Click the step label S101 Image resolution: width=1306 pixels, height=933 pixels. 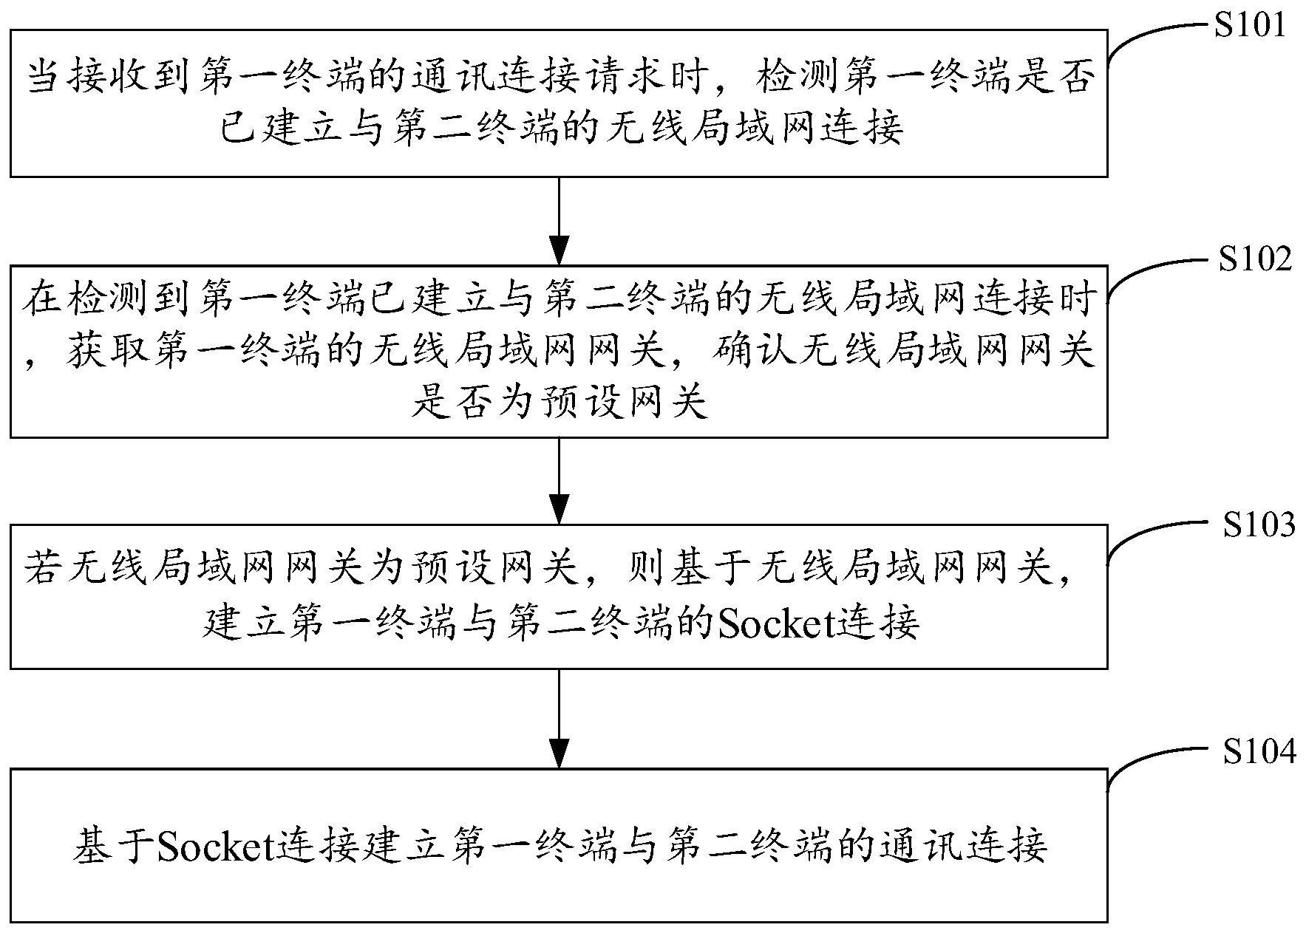tap(1250, 26)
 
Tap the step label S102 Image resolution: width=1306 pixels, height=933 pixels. tap(1254, 260)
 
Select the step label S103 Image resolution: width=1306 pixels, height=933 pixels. tap(1258, 525)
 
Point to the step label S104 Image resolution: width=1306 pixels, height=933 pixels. tap(1258, 752)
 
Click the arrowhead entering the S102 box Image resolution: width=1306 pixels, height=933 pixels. tap(559, 250)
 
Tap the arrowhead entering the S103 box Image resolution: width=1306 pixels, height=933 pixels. tap(559, 510)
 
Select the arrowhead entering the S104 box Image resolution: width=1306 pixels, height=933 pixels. tap(559, 754)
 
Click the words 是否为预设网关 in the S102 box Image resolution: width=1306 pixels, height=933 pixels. tap(559, 403)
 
